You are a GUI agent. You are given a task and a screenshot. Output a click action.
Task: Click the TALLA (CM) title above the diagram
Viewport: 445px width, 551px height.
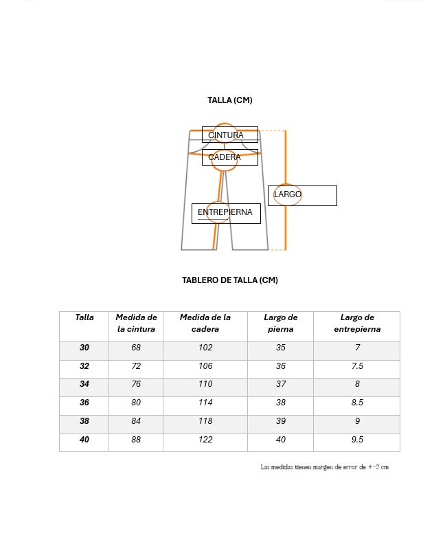(x=229, y=100)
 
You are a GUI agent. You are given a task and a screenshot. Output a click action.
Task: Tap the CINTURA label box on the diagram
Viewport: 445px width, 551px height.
(x=229, y=135)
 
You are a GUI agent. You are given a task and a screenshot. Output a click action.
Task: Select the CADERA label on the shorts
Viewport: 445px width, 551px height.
(x=229, y=157)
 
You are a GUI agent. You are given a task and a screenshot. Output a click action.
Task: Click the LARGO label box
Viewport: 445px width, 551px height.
(x=302, y=195)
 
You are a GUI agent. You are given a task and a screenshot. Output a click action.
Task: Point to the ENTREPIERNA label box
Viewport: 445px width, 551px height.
(x=226, y=213)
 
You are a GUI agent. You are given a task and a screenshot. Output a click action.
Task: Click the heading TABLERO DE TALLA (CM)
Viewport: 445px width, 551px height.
(x=229, y=280)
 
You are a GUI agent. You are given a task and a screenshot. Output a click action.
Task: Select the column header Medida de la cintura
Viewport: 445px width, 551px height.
(x=136, y=323)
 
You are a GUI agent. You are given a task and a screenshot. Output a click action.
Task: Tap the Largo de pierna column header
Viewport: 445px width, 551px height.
(x=281, y=323)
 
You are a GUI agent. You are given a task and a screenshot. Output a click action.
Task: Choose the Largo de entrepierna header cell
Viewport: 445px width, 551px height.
(x=357, y=323)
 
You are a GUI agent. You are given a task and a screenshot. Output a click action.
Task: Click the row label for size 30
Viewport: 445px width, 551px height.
(x=84, y=348)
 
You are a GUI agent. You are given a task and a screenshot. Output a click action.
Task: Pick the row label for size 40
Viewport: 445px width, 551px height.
(x=84, y=440)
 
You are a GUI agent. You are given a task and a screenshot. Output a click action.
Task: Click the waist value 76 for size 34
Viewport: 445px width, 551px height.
(x=136, y=385)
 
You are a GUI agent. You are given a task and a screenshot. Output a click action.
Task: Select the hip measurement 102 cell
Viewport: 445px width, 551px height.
(x=205, y=348)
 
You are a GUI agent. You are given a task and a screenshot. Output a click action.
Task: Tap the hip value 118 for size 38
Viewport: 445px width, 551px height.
(x=205, y=421)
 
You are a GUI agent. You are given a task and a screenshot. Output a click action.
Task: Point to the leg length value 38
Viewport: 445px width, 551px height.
(x=281, y=403)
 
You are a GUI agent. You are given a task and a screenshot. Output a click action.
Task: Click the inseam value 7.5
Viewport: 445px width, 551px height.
(x=357, y=366)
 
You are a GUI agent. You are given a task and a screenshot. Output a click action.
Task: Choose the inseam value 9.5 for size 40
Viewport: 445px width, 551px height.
(x=357, y=440)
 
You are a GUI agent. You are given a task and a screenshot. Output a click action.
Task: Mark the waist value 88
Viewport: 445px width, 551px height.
(x=136, y=440)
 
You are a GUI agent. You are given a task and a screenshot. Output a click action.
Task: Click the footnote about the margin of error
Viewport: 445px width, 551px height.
(x=324, y=467)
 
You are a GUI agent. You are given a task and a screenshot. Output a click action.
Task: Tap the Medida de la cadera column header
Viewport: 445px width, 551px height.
(x=205, y=323)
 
